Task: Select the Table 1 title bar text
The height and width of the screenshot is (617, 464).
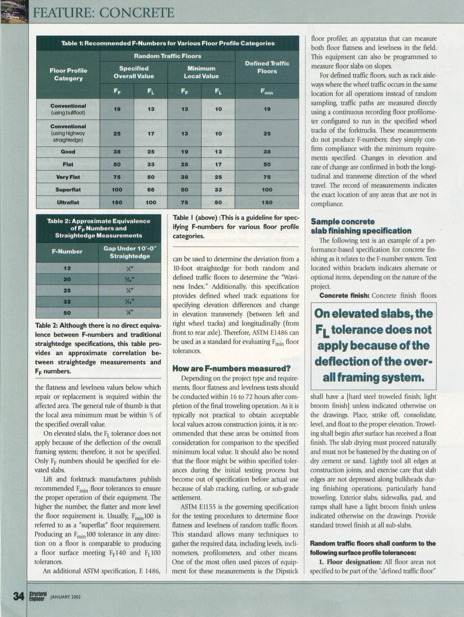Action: (x=168, y=43)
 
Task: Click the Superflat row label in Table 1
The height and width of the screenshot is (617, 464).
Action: (x=68, y=190)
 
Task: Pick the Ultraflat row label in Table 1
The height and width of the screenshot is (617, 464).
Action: (x=68, y=203)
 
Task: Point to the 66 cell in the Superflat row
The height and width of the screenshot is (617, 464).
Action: (x=151, y=190)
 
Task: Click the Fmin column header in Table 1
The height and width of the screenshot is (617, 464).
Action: (x=267, y=92)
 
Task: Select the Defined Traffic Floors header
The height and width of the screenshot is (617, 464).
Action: (x=267, y=67)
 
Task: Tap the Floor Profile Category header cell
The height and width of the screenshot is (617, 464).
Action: (x=68, y=75)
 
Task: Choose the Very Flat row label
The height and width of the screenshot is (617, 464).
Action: (x=68, y=177)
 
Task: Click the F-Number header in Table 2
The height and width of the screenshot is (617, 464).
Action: (x=67, y=252)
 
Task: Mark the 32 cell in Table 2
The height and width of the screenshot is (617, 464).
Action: (x=67, y=302)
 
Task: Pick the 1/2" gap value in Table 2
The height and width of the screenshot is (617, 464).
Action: (x=129, y=268)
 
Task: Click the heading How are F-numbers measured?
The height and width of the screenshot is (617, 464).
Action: (x=231, y=369)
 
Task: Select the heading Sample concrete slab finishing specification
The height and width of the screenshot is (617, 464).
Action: (x=361, y=226)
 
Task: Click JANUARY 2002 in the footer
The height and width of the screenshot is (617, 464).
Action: (x=65, y=597)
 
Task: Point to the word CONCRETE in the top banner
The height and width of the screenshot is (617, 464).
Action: (x=134, y=13)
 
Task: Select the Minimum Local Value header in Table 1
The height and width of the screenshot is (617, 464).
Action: (x=201, y=72)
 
